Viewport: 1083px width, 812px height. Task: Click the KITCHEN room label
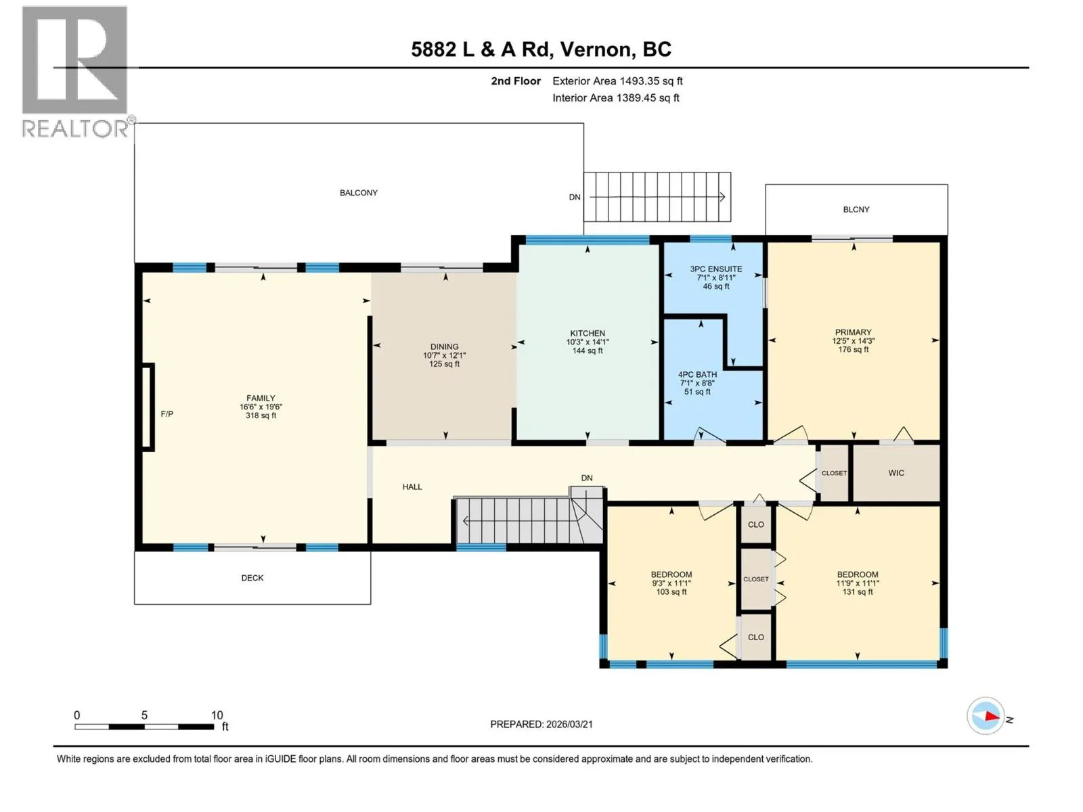tap(587, 334)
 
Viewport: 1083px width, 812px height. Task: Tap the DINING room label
tap(444, 346)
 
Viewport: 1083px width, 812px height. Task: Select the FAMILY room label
tap(261, 398)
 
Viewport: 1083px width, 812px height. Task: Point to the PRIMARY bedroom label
tap(853, 332)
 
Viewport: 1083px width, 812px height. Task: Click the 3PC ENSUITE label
tap(716, 269)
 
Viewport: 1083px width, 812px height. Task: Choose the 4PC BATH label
tap(697, 375)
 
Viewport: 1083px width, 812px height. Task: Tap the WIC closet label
tap(896, 473)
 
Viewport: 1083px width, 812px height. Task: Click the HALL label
tap(412, 487)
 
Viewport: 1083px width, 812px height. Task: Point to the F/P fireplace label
tap(167, 413)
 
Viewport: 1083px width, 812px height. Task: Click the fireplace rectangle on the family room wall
tap(148, 407)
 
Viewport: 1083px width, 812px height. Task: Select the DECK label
tap(252, 577)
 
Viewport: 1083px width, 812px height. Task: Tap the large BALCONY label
tap(359, 193)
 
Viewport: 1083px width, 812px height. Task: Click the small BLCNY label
tap(856, 210)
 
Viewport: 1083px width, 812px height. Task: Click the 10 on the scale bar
tap(217, 715)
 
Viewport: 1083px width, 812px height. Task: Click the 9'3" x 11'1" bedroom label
tap(671, 583)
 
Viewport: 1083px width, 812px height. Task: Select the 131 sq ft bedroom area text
tap(858, 591)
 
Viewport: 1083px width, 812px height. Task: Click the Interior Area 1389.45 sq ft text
tap(616, 97)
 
